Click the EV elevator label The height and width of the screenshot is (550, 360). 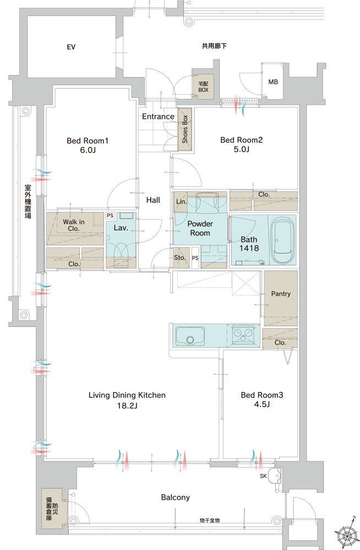click(x=71, y=47)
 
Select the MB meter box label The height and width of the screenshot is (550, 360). click(x=273, y=82)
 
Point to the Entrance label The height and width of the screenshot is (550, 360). click(x=158, y=117)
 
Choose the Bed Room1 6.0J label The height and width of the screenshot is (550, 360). click(x=88, y=145)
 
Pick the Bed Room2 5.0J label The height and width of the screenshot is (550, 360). click(x=242, y=145)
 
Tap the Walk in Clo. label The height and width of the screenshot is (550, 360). click(x=74, y=226)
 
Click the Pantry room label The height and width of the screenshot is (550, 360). click(x=280, y=294)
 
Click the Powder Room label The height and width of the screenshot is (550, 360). click(x=199, y=228)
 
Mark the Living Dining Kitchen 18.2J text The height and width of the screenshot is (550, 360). click(x=127, y=400)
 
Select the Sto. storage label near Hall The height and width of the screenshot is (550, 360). click(x=179, y=257)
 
